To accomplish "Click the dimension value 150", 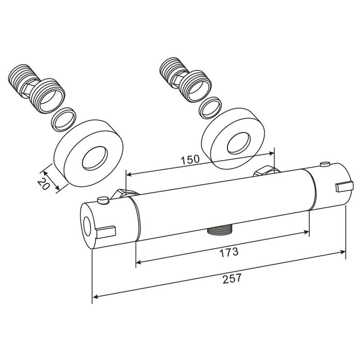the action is coord(190,159).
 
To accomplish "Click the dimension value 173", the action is coord(229,252).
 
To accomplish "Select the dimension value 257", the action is coord(232,279).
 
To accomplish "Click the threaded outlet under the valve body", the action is coord(220,230).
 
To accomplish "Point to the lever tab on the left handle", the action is coord(106,232).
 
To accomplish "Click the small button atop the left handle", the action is coord(103,200).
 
